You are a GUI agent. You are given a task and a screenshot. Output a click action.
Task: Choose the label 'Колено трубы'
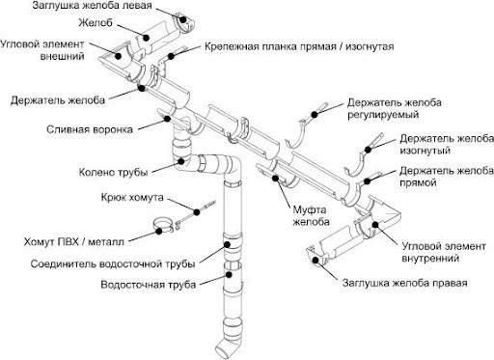[114, 173]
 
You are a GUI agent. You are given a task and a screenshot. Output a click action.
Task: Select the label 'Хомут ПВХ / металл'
[72, 241]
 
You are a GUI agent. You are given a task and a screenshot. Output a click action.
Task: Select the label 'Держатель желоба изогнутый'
[445, 146]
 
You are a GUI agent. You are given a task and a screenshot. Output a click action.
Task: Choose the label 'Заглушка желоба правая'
[405, 284]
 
